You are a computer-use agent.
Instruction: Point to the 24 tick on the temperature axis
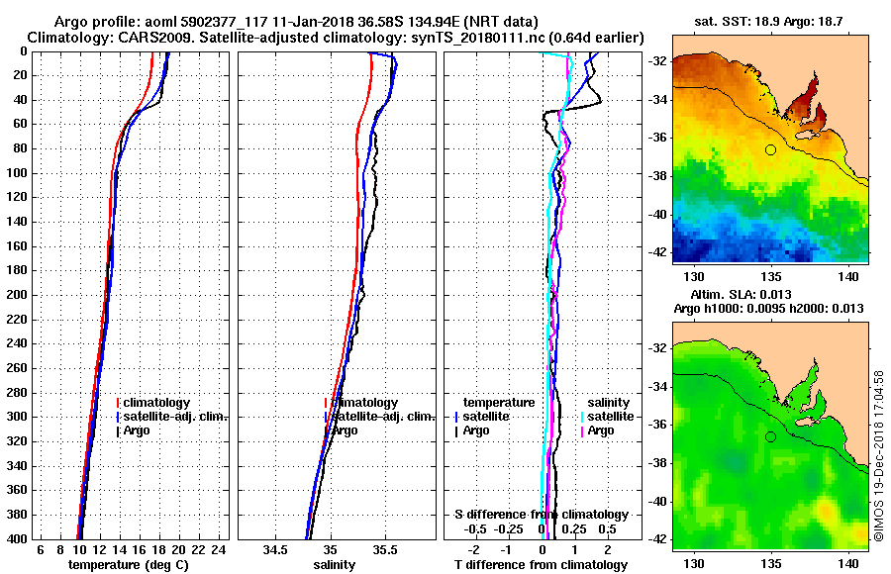point(220,549)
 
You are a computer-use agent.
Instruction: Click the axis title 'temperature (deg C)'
point(128,564)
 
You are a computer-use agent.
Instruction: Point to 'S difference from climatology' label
point(541,515)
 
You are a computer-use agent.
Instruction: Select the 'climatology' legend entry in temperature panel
point(156,403)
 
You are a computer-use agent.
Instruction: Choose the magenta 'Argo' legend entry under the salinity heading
point(600,430)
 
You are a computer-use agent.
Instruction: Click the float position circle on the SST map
point(770,149)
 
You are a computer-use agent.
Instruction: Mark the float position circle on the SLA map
point(770,436)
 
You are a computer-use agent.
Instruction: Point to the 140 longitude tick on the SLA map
point(846,560)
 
